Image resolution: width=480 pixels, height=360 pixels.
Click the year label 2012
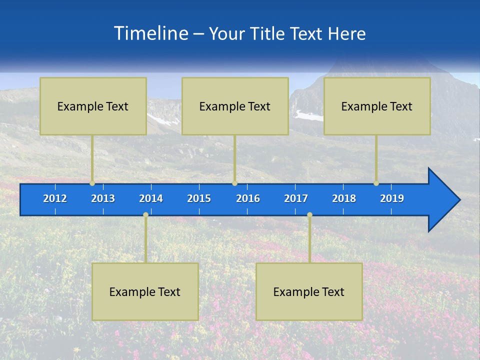pyautogui.click(x=55, y=198)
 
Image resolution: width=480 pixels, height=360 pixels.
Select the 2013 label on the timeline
pyautogui.click(x=103, y=198)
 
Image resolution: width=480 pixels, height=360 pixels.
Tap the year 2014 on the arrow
pyautogui.click(x=151, y=198)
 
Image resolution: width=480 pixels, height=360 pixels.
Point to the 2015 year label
pyautogui.click(x=199, y=198)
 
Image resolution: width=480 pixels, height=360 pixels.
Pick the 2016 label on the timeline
pyautogui.click(x=248, y=198)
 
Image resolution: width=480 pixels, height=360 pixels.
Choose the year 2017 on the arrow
pyautogui.click(x=296, y=198)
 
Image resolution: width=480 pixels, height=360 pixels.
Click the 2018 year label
pyautogui.click(x=344, y=198)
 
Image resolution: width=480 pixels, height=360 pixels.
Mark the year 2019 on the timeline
pyautogui.click(x=392, y=198)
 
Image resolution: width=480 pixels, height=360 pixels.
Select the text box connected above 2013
pyautogui.click(x=93, y=106)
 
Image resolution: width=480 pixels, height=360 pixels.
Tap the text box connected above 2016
pyautogui.click(x=235, y=106)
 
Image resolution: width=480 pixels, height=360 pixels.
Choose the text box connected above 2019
pyautogui.click(x=377, y=106)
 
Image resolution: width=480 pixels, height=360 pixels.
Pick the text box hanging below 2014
pyautogui.click(x=145, y=291)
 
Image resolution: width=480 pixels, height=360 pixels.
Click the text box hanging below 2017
pyautogui.click(x=309, y=291)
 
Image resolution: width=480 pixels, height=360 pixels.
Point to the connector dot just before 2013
pyautogui.click(x=92, y=183)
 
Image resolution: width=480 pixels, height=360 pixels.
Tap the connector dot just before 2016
pyautogui.click(x=234, y=183)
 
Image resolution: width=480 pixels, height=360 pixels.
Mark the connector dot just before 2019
pyautogui.click(x=376, y=183)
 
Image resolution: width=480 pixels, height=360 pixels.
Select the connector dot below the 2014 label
pyautogui.click(x=145, y=214)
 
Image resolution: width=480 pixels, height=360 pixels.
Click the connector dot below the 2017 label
pyautogui.click(x=309, y=214)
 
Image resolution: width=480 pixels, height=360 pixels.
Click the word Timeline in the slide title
pyautogui.click(x=151, y=33)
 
